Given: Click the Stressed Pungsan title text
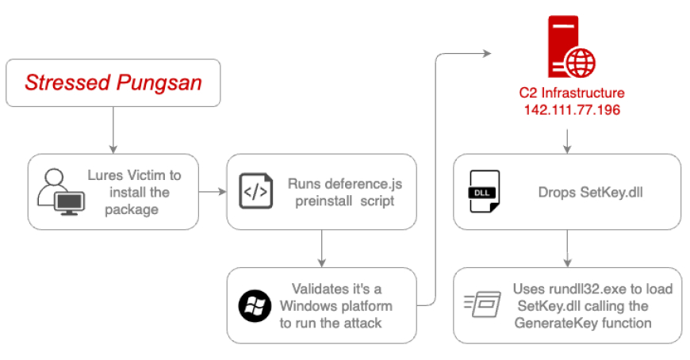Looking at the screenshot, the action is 113,82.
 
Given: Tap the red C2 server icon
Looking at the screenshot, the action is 571,47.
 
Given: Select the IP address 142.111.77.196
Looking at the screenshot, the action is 572,109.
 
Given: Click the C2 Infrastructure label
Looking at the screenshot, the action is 572,93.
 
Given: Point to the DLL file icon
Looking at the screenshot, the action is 485,191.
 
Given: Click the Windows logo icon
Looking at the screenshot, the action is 255,305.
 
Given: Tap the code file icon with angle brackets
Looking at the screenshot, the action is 255,191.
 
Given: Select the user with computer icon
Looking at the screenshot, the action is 61,192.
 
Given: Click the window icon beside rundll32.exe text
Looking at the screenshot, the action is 482,304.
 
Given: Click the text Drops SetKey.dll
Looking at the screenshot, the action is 590,192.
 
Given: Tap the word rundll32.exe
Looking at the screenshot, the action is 588,289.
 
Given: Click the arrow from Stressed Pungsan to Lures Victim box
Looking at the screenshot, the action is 113,130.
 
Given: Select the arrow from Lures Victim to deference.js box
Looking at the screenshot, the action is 213,191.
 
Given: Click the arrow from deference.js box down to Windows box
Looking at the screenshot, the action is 322,248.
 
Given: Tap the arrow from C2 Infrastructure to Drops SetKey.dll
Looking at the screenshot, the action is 567,141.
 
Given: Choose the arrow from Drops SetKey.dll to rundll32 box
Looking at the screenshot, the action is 567,248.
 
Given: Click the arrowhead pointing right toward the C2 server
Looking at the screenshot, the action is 487,54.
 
